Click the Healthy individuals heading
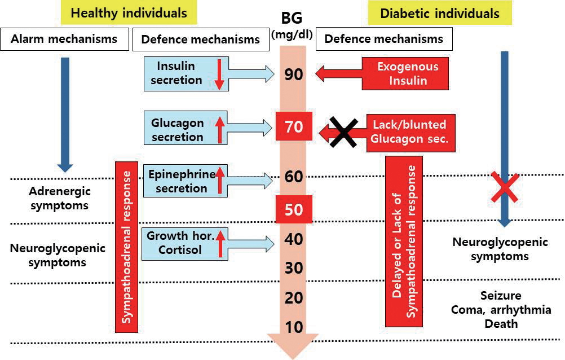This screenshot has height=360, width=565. [129, 13]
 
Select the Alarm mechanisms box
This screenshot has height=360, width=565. [63, 39]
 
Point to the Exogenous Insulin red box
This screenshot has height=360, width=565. [408, 73]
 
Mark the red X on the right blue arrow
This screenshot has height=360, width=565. [504, 187]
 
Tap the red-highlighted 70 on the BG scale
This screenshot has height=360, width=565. [293, 126]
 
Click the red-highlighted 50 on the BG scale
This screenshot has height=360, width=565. [293, 210]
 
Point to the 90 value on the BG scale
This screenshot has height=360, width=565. [293, 74]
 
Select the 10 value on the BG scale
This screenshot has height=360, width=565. [293, 327]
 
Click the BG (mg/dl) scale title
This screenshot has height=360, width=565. [293, 27]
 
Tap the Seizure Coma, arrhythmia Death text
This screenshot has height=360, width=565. [500, 310]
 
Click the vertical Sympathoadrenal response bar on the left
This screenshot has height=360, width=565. [127, 246]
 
